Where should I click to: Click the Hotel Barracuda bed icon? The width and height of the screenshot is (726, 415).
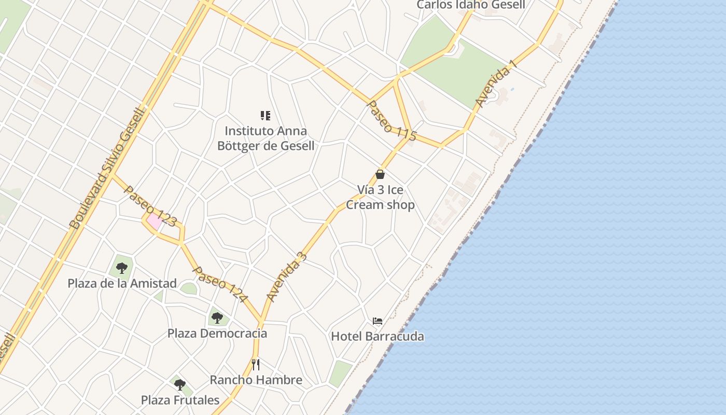pyautogui.click(x=378, y=321)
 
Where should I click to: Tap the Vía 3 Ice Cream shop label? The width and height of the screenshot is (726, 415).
pyautogui.click(x=380, y=197)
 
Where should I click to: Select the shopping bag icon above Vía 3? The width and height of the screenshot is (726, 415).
pyautogui.click(x=380, y=174)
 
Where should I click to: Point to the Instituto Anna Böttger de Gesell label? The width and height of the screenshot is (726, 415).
pyautogui.click(x=266, y=138)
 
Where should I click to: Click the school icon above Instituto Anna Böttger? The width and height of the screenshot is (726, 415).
pyautogui.click(x=266, y=115)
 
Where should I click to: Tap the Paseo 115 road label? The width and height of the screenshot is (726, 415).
pyautogui.click(x=392, y=121)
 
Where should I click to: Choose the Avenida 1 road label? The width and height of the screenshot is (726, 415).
pyautogui.click(x=496, y=84)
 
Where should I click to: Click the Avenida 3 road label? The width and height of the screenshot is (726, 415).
pyautogui.click(x=287, y=277)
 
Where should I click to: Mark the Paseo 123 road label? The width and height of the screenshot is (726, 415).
pyautogui.click(x=150, y=206)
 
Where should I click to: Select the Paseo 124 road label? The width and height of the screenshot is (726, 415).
pyautogui.click(x=220, y=284)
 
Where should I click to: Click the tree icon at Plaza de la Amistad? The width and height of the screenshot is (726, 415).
pyautogui.click(x=122, y=268)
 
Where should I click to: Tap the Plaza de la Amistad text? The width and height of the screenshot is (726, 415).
pyautogui.click(x=122, y=284)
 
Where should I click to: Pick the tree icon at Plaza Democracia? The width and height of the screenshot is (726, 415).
pyautogui.click(x=217, y=317)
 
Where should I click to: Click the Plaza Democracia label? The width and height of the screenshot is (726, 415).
pyautogui.click(x=217, y=333)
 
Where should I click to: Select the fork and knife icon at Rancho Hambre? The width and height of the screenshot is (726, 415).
pyautogui.click(x=256, y=364)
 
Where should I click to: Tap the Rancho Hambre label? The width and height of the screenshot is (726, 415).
pyautogui.click(x=256, y=380)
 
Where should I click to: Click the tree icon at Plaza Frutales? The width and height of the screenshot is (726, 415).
pyautogui.click(x=180, y=385)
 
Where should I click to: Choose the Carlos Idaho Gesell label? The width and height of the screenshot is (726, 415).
pyautogui.click(x=471, y=5)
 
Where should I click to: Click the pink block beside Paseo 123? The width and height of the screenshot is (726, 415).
pyautogui.click(x=154, y=222)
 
